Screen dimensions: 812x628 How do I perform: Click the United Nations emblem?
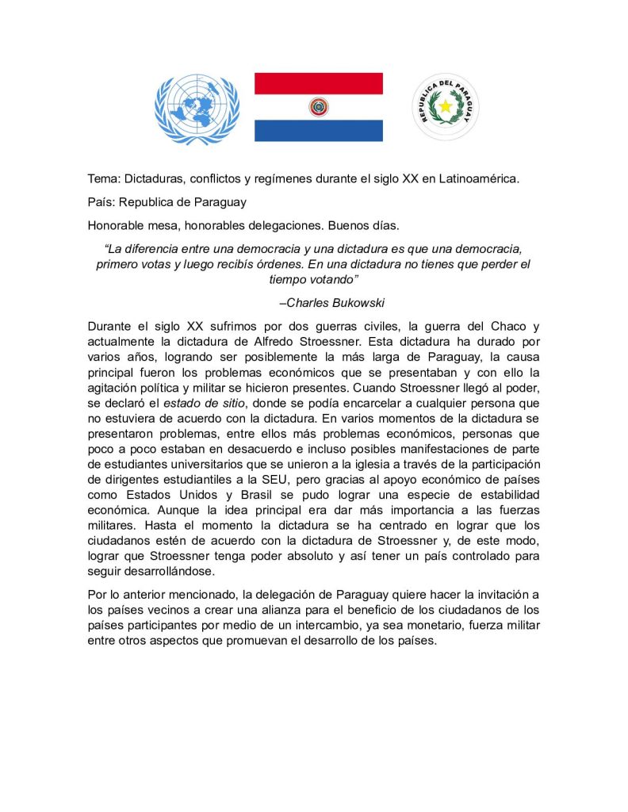[x=197, y=109]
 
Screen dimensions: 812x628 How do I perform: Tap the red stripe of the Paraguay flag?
[x=318, y=82]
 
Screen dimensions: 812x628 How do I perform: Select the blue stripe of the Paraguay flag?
[x=318, y=131]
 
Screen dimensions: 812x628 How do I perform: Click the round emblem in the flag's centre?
[x=318, y=106]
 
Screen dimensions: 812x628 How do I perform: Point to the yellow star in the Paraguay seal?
[x=446, y=106]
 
